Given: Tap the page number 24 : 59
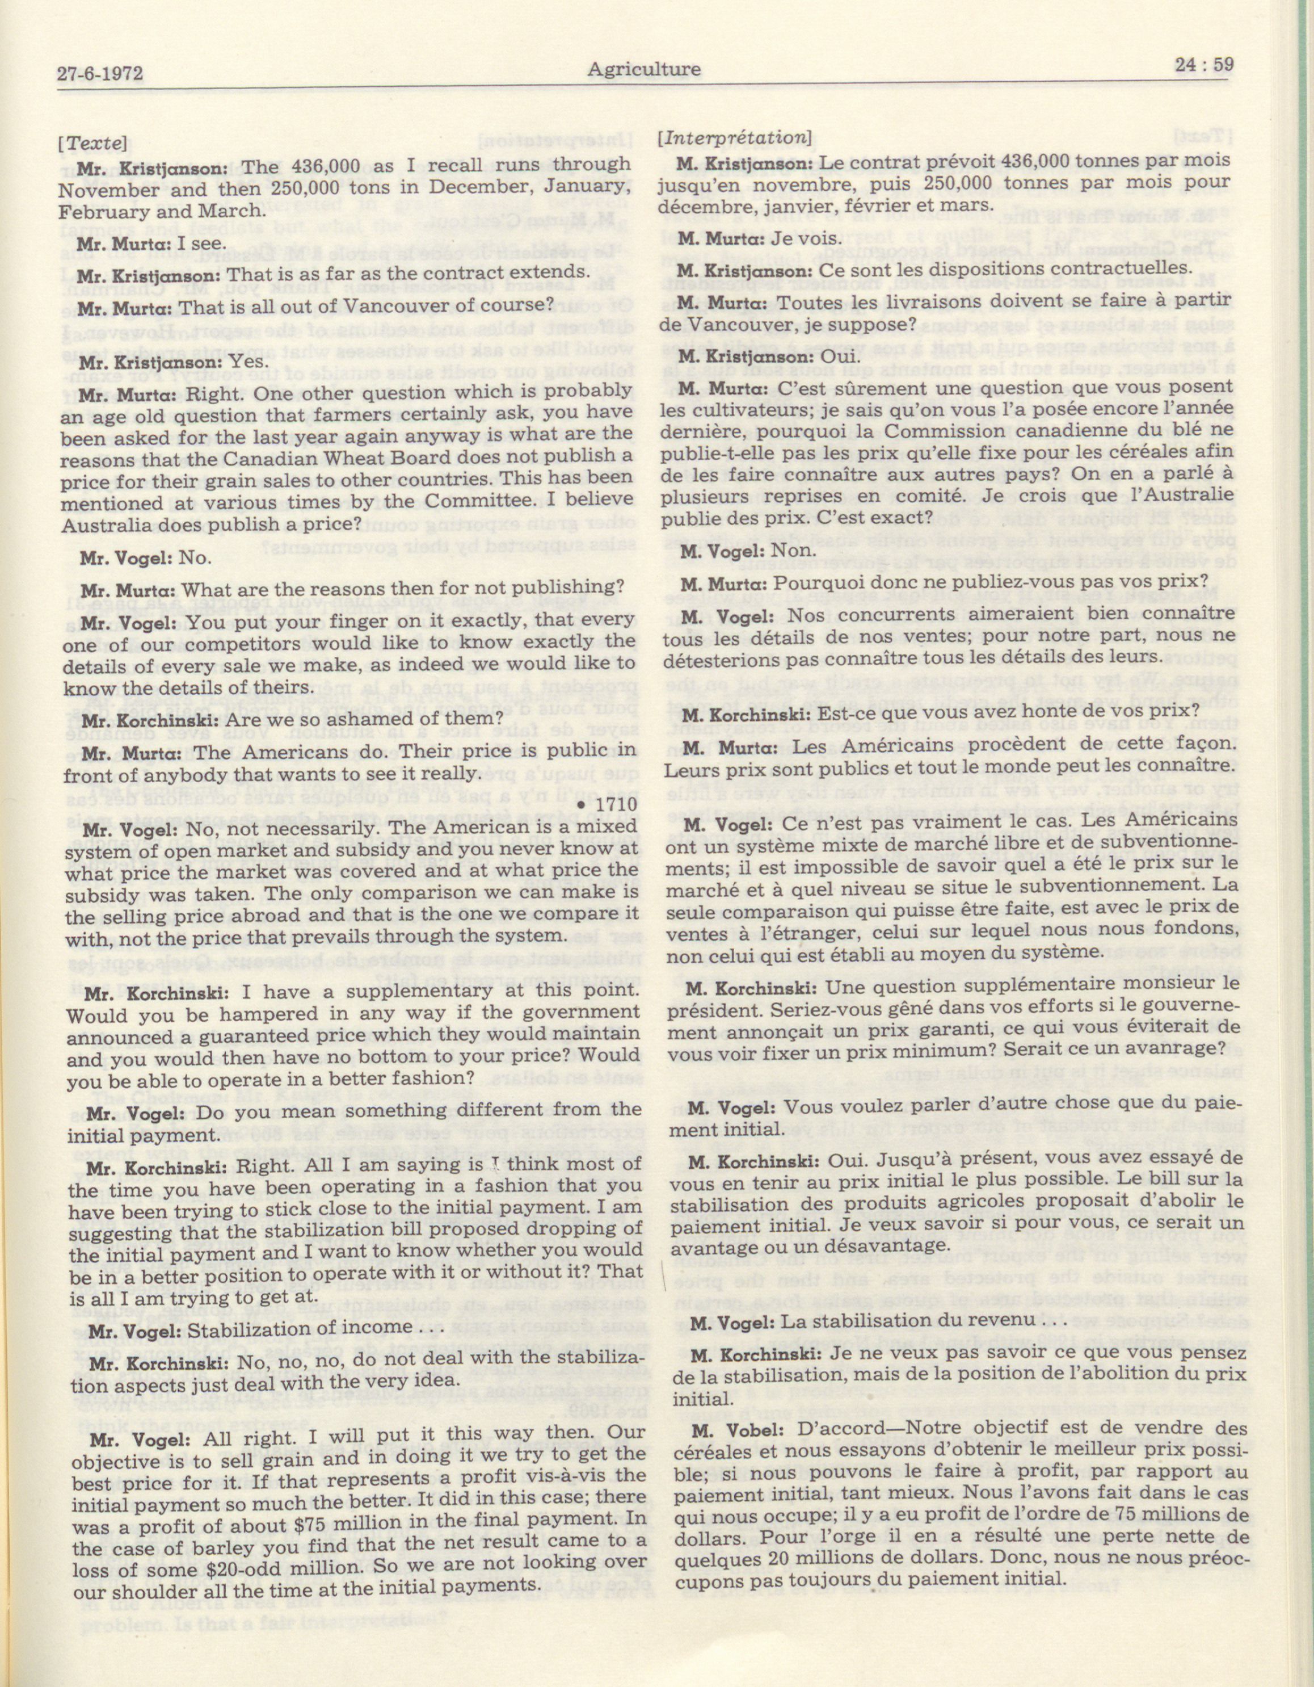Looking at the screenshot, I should point(1203,66).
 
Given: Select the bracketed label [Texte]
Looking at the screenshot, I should point(92,143).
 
